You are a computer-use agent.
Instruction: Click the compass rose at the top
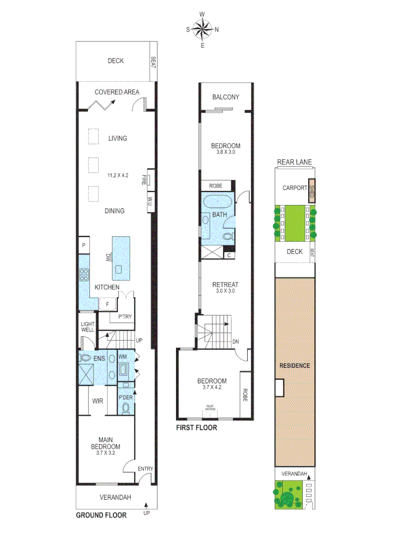(x=202, y=29)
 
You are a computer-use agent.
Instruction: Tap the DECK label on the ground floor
(x=116, y=61)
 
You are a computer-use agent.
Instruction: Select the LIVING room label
(x=117, y=138)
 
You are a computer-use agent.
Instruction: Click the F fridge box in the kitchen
(x=107, y=304)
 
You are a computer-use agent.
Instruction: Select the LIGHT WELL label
(x=87, y=327)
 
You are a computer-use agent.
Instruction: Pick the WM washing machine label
(x=123, y=357)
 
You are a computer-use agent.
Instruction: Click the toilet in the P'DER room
(x=126, y=408)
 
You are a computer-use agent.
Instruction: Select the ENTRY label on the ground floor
(x=146, y=469)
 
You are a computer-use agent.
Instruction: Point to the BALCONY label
(x=226, y=97)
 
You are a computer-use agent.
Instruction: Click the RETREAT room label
(x=225, y=285)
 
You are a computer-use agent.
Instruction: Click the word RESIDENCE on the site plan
(x=295, y=365)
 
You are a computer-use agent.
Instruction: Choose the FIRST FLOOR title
(x=196, y=428)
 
